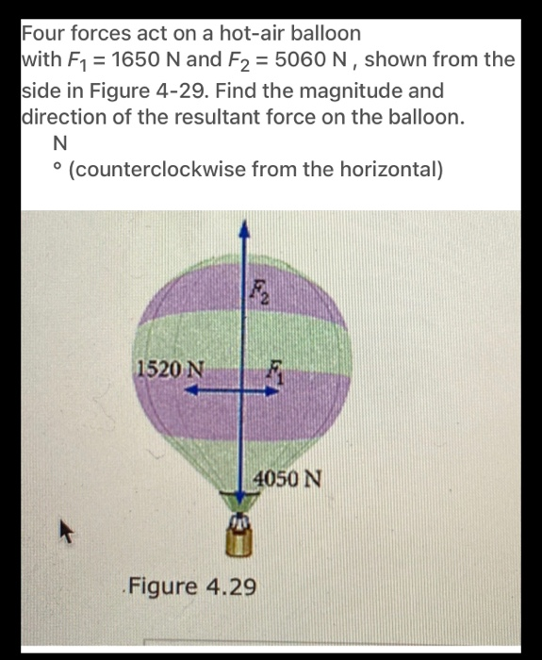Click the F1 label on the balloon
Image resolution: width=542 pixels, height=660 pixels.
click(x=274, y=371)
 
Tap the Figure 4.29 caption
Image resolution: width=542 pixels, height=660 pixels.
click(x=192, y=586)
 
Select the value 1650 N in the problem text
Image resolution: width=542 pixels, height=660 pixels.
click(x=140, y=60)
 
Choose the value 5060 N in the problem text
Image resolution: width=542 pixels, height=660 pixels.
click(x=301, y=60)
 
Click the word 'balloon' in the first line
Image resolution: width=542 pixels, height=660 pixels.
click(x=317, y=32)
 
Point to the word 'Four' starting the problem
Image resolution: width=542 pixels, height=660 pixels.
click(x=45, y=32)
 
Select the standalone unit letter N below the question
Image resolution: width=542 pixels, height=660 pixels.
click(x=61, y=145)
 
